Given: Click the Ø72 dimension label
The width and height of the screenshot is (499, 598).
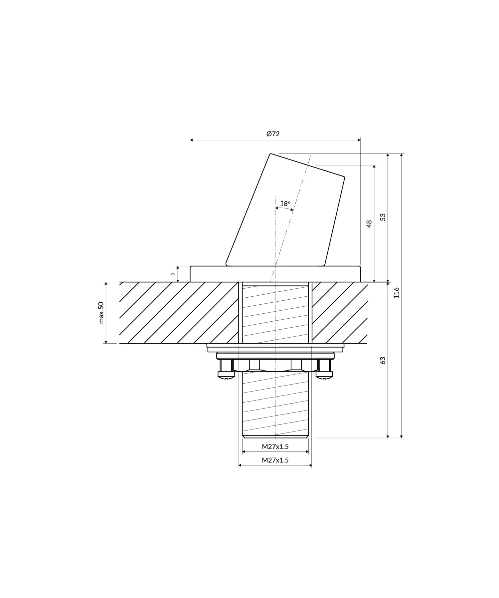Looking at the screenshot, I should tap(273, 134).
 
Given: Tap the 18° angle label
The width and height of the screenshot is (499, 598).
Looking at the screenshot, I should tap(285, 203).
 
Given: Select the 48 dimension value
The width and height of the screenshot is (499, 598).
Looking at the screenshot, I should tap(369, 223).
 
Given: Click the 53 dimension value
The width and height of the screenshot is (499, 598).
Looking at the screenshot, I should tap(383, 217).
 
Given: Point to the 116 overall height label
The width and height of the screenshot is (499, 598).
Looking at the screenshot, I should tap(396, 293).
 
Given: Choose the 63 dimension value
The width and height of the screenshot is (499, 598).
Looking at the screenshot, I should tap(383, 360).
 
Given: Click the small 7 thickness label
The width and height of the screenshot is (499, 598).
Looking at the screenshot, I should tap(173, 273).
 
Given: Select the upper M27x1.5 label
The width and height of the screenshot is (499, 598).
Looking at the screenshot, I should tap(275, 447).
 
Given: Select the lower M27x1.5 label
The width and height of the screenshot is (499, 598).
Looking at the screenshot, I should tap(275, 460).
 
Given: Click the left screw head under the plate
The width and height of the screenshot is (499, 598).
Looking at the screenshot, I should tap(226, 370).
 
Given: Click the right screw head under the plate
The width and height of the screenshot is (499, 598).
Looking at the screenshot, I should tap(324, 370).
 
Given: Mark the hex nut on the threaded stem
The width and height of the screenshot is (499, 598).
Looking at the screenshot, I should tap(275, 366).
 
